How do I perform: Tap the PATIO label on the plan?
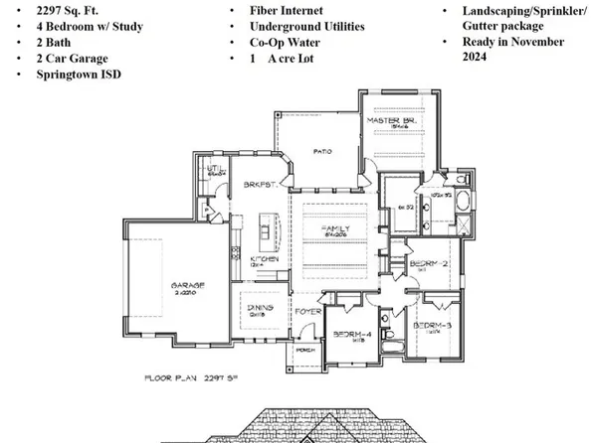pyautogui.click(x=321, y=152)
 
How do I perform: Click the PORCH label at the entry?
pyautogui.click(x=305, y=350)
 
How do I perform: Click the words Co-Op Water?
pyautogui.click(x=282, y=44)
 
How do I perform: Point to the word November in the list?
pyautogui.click(x=526, y=42)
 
